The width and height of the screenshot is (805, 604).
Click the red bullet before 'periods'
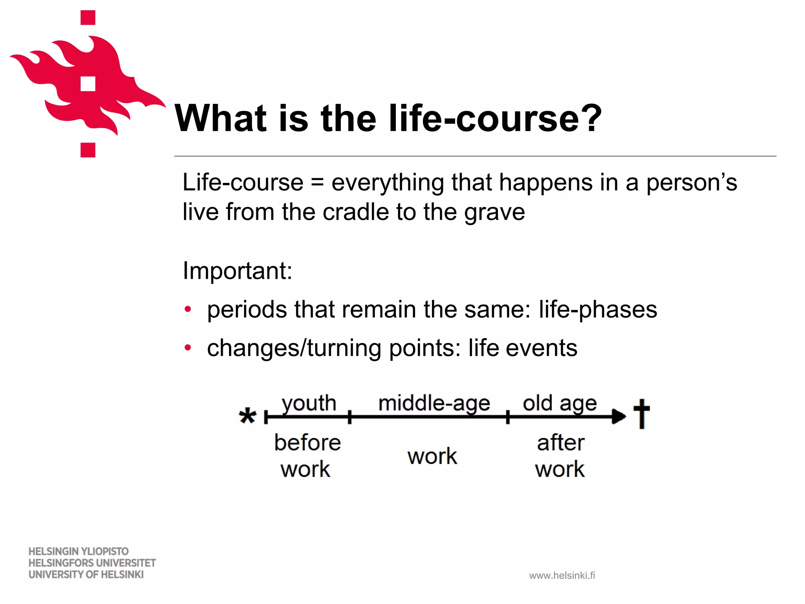pyautogui.click(x=188, y=309)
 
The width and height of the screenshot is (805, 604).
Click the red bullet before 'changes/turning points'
pyautogui.click(x=188, y=348)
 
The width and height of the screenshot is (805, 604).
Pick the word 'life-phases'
pyautogui.click(x=597, y=309)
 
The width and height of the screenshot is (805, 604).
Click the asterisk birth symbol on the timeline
pyautogui.click(x=248, y=416)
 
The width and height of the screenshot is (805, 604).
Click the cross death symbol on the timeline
pyautogui.click(x=641, y=414)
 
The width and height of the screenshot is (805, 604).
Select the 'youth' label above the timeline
pyautogui.click(x=309, y=403)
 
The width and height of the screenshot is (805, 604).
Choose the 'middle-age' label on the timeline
pyautogui.click(x=434, y=403)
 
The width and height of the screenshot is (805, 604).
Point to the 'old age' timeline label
pyautogui.click(x=560, y=403)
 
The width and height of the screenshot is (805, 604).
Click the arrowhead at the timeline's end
pyautogui.click(x=619, y=416)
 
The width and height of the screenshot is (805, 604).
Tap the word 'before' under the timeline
pyautogui.click(x=307, y=443)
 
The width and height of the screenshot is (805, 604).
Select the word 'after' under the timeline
pyautogui.click(x=561, y=443)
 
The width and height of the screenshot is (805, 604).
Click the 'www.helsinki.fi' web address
pyautogui.click(x=562, y=576)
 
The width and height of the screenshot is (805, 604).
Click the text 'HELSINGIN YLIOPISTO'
pyautogui.click(x=79, y=551)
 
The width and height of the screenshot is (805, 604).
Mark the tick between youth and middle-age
pyautogui.click(x=349, y=417)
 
